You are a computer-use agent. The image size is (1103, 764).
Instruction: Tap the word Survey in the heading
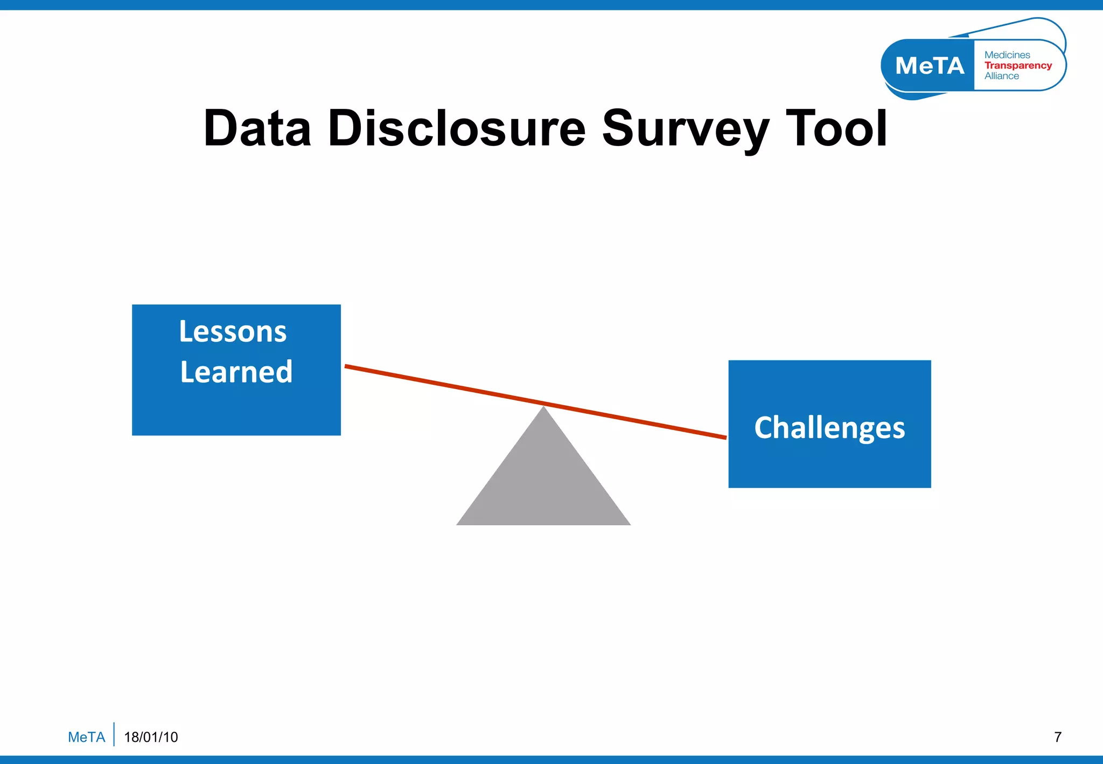coord(685,129)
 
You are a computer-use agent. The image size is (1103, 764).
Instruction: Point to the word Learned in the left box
coord(236,372)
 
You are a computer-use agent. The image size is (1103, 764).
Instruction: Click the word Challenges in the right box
coord(829,427)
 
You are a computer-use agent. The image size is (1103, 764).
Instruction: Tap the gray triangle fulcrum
coord(543,480)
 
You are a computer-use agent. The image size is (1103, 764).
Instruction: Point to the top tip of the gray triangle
coord(543,408)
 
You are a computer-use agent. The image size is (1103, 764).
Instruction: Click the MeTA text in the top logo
coord(930,66)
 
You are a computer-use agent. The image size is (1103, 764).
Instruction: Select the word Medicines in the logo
coord(1007,55)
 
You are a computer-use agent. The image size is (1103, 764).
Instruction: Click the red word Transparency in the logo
coord(1018,65)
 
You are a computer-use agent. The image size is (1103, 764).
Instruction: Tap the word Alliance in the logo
coord(1001,76)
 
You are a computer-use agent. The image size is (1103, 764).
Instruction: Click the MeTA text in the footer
coord(86,737)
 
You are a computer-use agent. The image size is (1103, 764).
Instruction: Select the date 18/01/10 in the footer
coord(151,737)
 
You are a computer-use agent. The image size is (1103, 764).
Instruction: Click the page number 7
coord(1058,737)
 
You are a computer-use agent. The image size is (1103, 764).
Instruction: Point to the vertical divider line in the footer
coord(114,734)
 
